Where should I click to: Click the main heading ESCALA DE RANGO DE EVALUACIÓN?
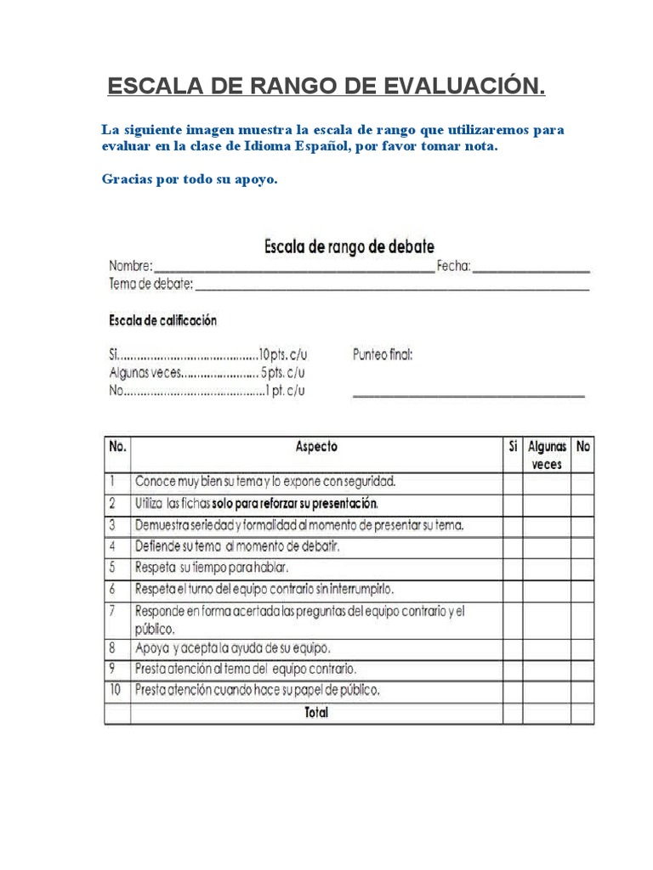point(326,87)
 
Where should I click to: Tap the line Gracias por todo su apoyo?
point(190,179)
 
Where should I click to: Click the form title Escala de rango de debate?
point(349,246)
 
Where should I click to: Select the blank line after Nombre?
point(294,268)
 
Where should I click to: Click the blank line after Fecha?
point(531,268)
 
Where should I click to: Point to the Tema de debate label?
point(150,284)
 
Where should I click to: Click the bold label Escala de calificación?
point(162,320)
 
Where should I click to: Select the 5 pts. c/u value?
point(283,373)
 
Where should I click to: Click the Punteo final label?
point(383,355)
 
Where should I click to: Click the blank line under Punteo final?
point(468,394)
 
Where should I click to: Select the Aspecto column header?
point(315,447)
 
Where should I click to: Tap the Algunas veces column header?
point(547,455)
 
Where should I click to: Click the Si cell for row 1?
point(513,483)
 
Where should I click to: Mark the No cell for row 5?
point(582,568)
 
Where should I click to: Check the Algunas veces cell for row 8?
point(547,648)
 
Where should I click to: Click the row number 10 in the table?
point(116,690)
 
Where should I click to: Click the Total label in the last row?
point(315,713)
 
